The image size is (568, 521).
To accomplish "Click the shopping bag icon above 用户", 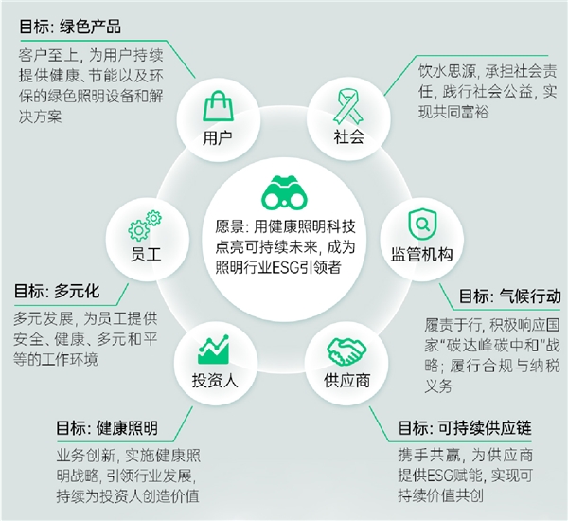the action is click(x=218, y=105).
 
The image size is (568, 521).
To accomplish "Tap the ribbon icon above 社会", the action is click(x=348, y=107).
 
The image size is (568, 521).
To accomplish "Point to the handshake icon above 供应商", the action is click(x=346, y=350).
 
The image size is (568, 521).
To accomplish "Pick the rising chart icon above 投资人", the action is click(x=213, y=349).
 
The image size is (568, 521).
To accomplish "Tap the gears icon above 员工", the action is click(x=145, y=225).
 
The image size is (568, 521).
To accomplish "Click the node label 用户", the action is click(x=218, y=138).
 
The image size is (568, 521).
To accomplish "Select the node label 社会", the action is click(x=348, y=137).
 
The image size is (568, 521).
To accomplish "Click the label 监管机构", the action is click(x=421, y=254).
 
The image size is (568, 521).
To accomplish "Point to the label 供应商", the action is click(x=346, y=380).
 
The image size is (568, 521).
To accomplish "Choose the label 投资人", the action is click(x=215, y=380).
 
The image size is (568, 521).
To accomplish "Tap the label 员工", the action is click(x=146, y=254).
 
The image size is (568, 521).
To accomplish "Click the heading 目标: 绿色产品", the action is click(x=70, y=27).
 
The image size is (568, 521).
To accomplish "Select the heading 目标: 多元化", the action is click(x=57, y=291).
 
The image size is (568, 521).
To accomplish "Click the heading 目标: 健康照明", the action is click(x=107, y=428).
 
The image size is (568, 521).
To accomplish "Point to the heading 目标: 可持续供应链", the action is click(x=465, y=428).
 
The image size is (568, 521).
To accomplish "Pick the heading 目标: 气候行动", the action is click(x=509, y=296).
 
